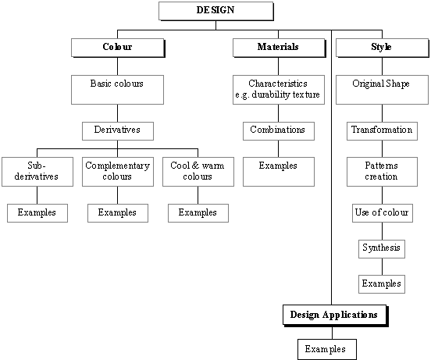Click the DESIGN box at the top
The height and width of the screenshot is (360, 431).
(216, 11)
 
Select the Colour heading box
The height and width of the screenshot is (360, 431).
(118, 48)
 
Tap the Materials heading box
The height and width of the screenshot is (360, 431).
(280, 48)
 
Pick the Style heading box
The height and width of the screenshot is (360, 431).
(383, 48)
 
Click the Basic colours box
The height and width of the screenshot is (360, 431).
(117, 90)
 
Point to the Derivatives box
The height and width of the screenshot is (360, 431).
(118, 131)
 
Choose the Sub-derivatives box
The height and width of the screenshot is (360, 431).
(37, 172)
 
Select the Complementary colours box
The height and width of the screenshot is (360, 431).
(118, 172)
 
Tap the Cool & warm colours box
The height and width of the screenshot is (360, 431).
(198, 172)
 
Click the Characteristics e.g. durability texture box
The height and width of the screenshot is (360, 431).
(279, 90)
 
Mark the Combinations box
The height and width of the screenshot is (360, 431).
(279, 131)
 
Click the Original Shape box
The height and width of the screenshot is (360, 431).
(382, 90)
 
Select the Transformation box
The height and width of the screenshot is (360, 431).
(382, 131)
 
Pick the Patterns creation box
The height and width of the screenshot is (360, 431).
(382, 172)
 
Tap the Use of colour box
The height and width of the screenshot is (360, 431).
(383, 213)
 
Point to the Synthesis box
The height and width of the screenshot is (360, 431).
(382, 248)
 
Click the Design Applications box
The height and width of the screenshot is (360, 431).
(335, 315)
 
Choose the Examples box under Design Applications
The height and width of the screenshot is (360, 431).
(327, 349)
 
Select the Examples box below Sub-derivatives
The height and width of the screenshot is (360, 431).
(37, 213)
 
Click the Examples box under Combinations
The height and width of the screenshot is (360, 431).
(279, 172)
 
